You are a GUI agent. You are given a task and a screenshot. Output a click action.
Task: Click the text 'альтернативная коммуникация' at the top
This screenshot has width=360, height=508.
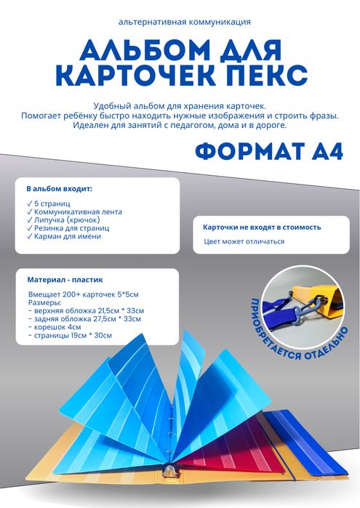point(179,23)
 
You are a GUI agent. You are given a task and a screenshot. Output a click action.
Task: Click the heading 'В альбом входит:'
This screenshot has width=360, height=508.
point(59,188)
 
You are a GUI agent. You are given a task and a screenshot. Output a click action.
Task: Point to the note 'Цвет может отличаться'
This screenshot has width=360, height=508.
point(244,241)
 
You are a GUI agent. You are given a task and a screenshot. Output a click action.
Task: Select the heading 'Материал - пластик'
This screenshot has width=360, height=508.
point(65,279)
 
